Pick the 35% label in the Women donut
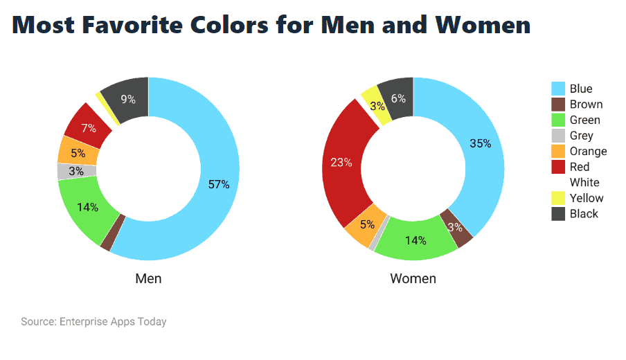[x=480, y=143]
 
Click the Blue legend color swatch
[x=558, y=89]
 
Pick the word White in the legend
[x=584, y=183]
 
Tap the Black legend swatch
[x=558, y=214]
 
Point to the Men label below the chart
[x=148, y=279]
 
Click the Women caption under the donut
[x=413, y=279]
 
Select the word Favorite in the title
[x=143, y=26]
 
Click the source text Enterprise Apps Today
[x=113, y=322]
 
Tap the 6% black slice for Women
[x=399, y=98]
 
